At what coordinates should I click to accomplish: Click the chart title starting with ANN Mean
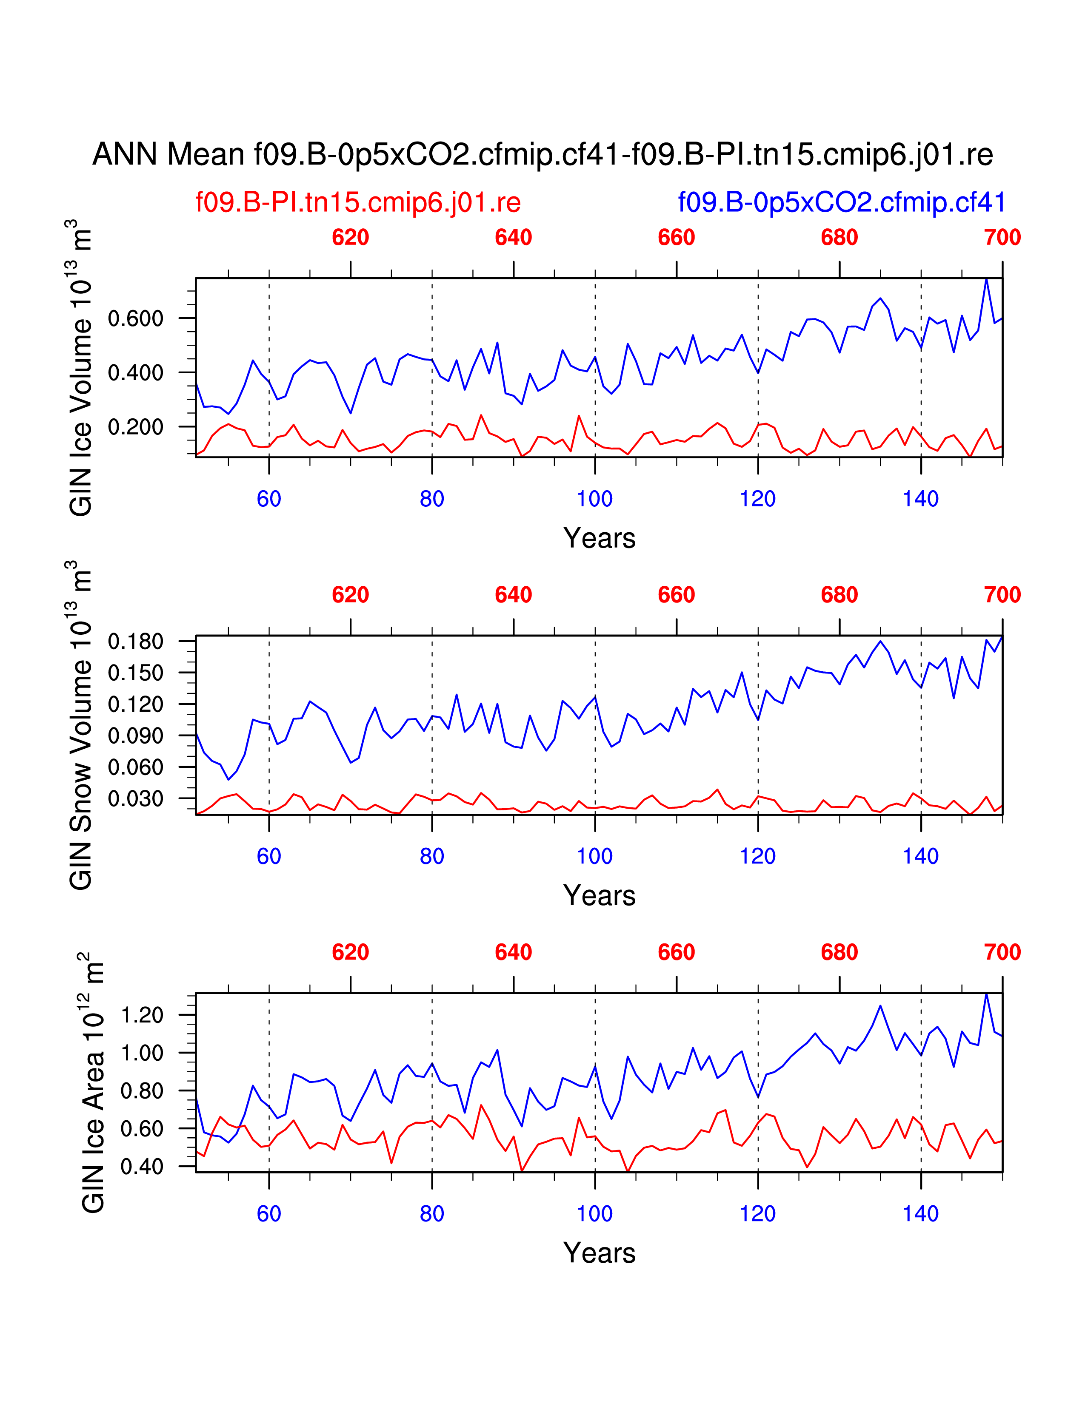(542, 155)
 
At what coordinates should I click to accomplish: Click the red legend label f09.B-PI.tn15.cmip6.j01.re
(358, 202)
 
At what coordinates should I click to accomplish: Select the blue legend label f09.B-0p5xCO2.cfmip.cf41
(841, 202)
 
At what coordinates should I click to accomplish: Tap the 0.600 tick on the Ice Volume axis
(136, 318)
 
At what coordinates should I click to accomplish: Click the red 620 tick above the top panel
(350, 238)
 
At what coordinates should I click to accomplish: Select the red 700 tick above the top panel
(1002, 238)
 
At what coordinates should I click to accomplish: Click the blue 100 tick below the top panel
(594, 499)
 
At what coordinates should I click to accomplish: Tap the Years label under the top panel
(599, 538)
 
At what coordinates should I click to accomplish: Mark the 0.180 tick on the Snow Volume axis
(136, 641)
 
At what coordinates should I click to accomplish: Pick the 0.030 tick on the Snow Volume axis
(136, 798)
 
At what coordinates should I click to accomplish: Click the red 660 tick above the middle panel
(676, 595)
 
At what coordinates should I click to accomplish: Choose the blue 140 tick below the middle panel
(920, 856)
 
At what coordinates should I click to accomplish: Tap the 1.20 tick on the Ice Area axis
(142, 1015)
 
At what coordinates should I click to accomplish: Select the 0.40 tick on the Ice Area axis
(142, 1166)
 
